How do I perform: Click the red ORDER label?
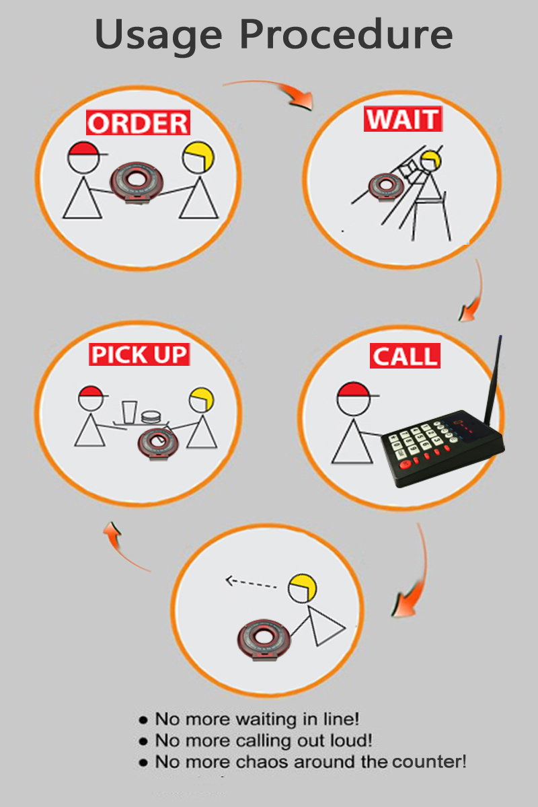pos(138,122)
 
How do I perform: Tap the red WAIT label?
pos(403,119)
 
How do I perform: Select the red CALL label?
pos(405,356)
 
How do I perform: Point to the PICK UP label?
pos(139,354)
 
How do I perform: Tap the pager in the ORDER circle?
pos(137,182)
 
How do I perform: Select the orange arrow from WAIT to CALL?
pos(474,292)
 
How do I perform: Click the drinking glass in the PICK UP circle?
pos(129,412)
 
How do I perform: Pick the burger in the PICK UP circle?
pos(151,417)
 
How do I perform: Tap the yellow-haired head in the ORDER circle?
pos(198,157)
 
